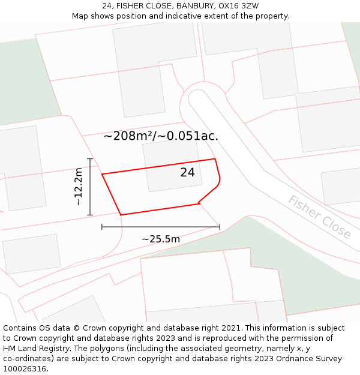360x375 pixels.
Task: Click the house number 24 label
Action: pos(187,173)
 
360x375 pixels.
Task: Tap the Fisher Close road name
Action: pos(319,217)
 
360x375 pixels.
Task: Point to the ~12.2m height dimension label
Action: pos(78,187)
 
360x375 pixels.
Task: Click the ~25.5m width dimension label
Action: pos(161,239)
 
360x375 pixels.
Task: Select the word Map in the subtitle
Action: pos(81,16)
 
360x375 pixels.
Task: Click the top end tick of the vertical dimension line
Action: pos(90,159)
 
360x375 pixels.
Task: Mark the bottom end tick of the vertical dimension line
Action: pos(90,215)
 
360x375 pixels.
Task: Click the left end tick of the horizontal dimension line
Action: pos(102,227)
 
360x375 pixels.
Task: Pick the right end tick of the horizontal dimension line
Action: pos(220,227)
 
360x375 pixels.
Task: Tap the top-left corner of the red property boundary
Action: pos(102,175)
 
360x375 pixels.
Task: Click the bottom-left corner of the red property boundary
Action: pos(121,215)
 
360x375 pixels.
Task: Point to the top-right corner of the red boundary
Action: pos(215,159)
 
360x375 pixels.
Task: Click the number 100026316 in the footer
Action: pos(25,369)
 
